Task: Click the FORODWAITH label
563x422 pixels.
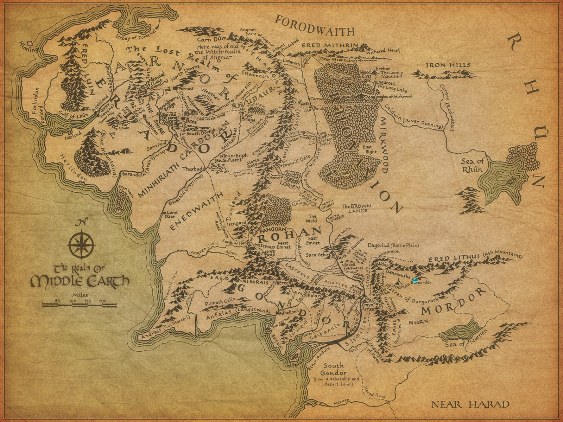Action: [x=315, y=26]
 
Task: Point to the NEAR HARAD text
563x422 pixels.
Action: [x=470, y=404]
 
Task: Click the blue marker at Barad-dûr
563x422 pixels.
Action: [x=416, y=280]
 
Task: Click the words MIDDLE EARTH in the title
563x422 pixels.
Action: [x=80, y=281]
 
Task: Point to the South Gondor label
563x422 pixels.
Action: [x=335, y=369]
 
